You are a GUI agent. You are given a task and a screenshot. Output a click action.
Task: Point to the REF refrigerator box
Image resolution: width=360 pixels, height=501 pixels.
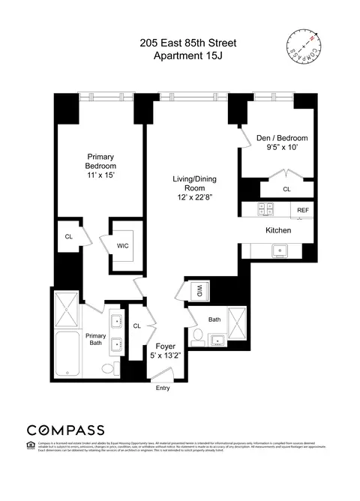(x=303, y=211)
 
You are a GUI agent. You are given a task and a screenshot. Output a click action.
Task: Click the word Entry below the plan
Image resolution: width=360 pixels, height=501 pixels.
(x=163, y=388)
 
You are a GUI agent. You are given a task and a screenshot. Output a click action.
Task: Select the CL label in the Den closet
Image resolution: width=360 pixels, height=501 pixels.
(x=286, y=190)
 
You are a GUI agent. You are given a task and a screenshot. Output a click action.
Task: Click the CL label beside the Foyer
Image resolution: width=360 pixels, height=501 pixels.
(x=137, y=325)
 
